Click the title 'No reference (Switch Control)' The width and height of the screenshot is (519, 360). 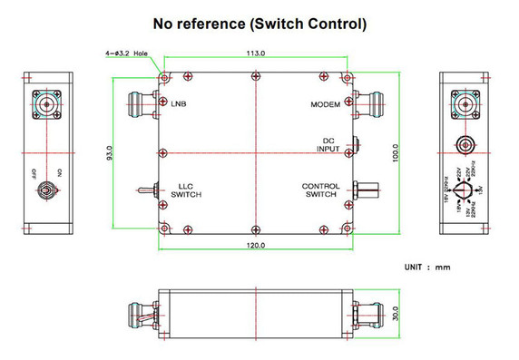click(259, 23)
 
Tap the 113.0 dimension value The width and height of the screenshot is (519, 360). click(257, 54)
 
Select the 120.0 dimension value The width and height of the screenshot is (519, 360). click(257, 245)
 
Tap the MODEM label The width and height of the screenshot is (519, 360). click(325, 104)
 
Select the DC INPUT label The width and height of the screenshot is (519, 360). click(329, 145)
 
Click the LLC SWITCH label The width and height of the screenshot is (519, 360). click(186, 191)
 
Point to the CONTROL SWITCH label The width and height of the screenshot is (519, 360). click(320, 191)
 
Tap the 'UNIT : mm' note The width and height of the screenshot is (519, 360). click(426, 268)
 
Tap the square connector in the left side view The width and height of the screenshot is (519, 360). click(45, 104)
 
